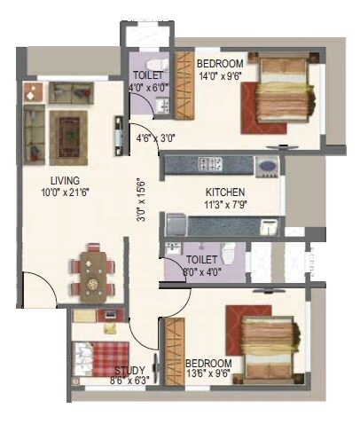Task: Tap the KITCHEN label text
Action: click(225, 192)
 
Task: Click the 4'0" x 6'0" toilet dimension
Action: click(148, 87)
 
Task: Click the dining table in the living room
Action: click(92, 272)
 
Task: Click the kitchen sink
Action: click(266, 165)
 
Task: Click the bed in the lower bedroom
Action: click(265, 341)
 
